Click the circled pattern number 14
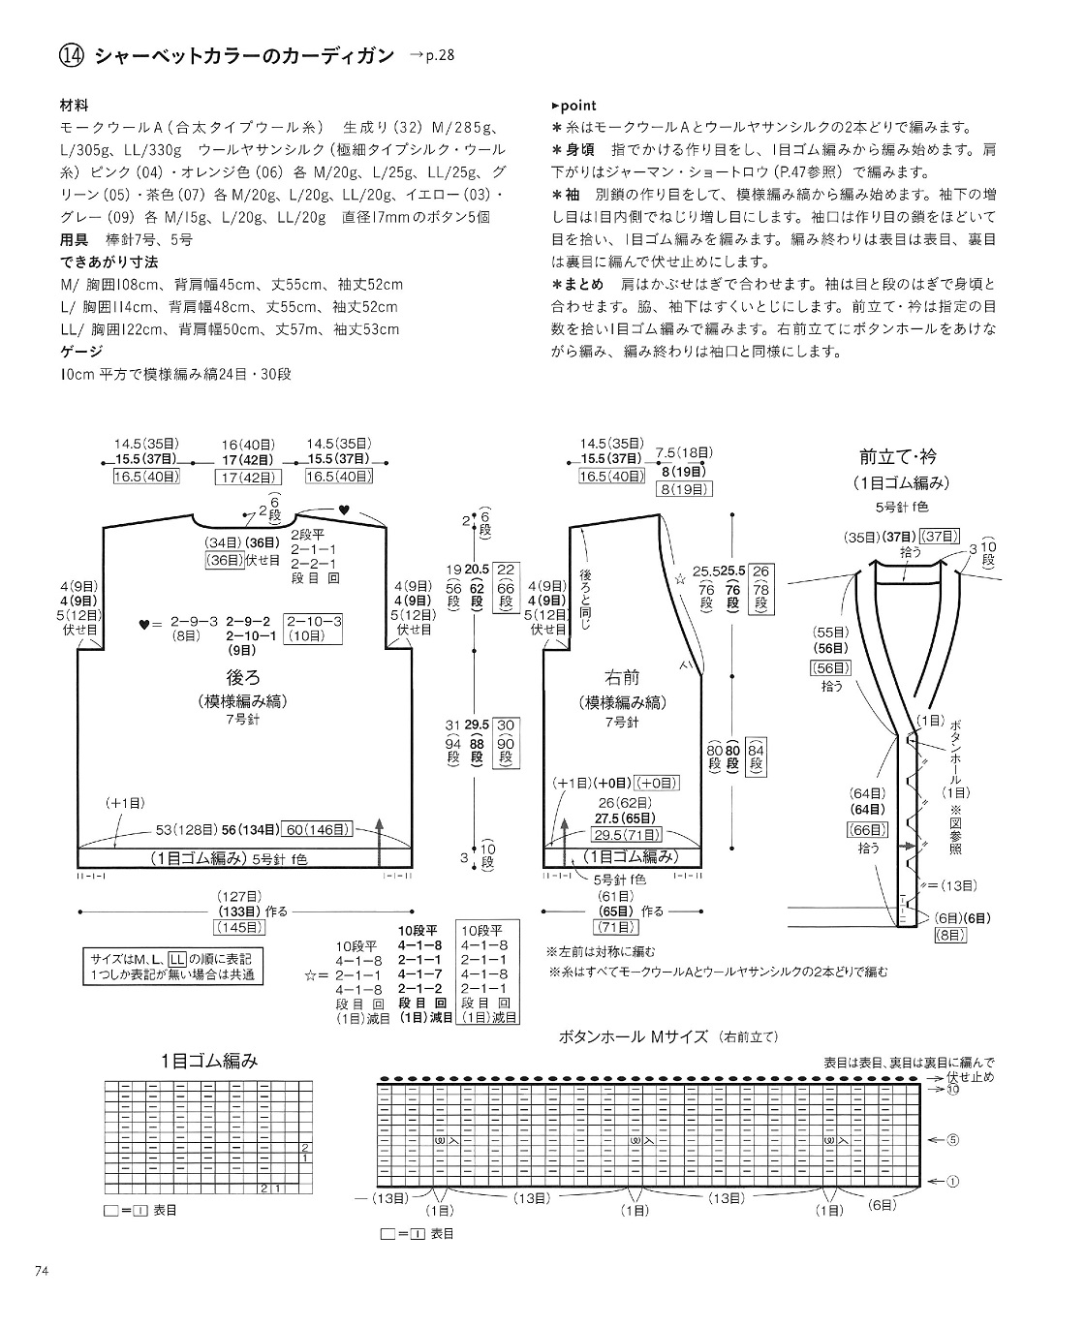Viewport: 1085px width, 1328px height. click(x=72, y=57)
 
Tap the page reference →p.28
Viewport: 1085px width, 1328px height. click(x=430, y=56)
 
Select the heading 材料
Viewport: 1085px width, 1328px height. click(x=75, y=106)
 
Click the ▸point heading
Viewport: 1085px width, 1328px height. click(x=573, y=106)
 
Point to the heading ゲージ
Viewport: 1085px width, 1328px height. click(x=81, y=351)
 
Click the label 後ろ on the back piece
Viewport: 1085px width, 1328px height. click(x=243, y=678)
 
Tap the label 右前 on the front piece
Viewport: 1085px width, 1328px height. click(x=622, y=678)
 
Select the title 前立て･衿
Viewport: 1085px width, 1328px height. click(x=898, y=456)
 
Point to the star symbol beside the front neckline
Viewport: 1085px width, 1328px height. click(x=678, y=580)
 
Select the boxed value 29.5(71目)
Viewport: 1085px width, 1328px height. click(x=629, y=835)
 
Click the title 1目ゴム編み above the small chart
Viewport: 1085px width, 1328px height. click(x=210, y=1061)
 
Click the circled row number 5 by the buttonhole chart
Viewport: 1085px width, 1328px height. click(x=952, y=1140)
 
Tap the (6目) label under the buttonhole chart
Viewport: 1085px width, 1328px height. click(x=883, y=1204)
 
